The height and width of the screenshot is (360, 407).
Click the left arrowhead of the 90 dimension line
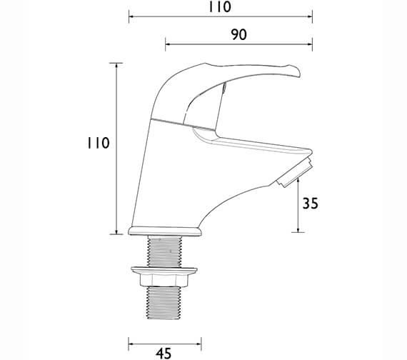pyautogui.click(x=168, y=46)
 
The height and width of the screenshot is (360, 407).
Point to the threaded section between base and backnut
pyautogui.click(x=165, y=251)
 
